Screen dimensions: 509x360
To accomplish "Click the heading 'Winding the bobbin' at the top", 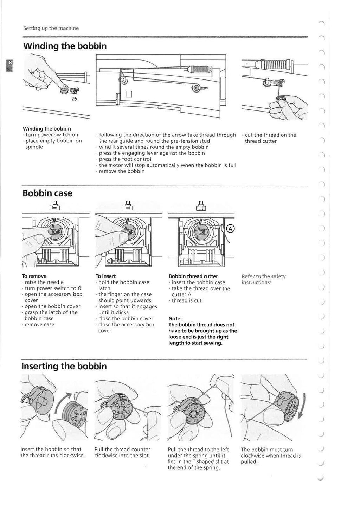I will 65,46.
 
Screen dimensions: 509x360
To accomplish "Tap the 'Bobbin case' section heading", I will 47,193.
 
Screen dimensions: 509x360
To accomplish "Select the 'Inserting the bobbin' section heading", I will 64,366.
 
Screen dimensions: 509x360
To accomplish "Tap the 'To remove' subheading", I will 34,276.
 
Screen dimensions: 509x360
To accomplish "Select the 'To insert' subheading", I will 105,276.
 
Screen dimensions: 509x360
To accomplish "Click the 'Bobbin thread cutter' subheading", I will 193,276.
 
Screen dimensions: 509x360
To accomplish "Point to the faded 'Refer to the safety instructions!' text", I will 264,279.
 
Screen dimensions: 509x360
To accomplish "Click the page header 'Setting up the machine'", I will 51,28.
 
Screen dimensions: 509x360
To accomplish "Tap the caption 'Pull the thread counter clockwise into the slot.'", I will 123,452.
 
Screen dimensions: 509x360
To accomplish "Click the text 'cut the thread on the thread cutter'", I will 270,138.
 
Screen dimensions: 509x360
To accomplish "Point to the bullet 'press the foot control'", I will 125,159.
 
